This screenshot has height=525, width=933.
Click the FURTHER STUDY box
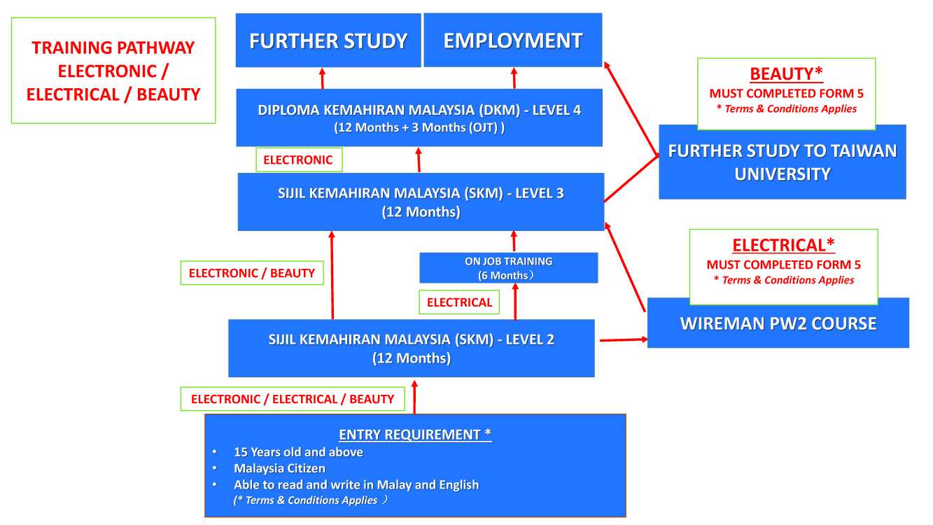point(328,40)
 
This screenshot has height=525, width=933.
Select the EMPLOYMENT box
point(513,40)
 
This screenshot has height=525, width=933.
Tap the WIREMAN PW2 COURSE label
point(778,323)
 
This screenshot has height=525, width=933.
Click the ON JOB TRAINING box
point(509,268)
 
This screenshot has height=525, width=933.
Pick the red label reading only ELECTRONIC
point(299,160)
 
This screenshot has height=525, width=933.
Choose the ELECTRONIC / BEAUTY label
point(252,273)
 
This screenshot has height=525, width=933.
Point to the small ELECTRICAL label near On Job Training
point(459,302)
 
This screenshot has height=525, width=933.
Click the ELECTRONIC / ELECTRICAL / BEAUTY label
point(293,399)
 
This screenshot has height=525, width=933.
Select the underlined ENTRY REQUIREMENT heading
point(415,435)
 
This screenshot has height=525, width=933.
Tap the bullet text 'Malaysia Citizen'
point(279,468)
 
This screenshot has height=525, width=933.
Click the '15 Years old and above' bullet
point(298,452)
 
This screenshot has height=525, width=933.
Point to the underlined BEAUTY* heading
point(787,74)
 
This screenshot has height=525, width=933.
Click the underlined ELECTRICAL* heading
point(783,245)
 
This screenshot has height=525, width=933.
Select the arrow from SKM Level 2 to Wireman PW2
point(624,340)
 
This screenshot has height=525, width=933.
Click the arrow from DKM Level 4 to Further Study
point(323,78)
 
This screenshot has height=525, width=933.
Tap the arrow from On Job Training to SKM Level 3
point(514,241)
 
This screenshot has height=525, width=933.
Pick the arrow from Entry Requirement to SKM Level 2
point(414,397)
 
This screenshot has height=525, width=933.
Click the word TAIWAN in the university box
point(866,150)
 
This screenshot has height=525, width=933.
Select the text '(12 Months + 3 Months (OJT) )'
point(419,127)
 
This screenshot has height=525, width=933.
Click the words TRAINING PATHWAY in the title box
point(113,48)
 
